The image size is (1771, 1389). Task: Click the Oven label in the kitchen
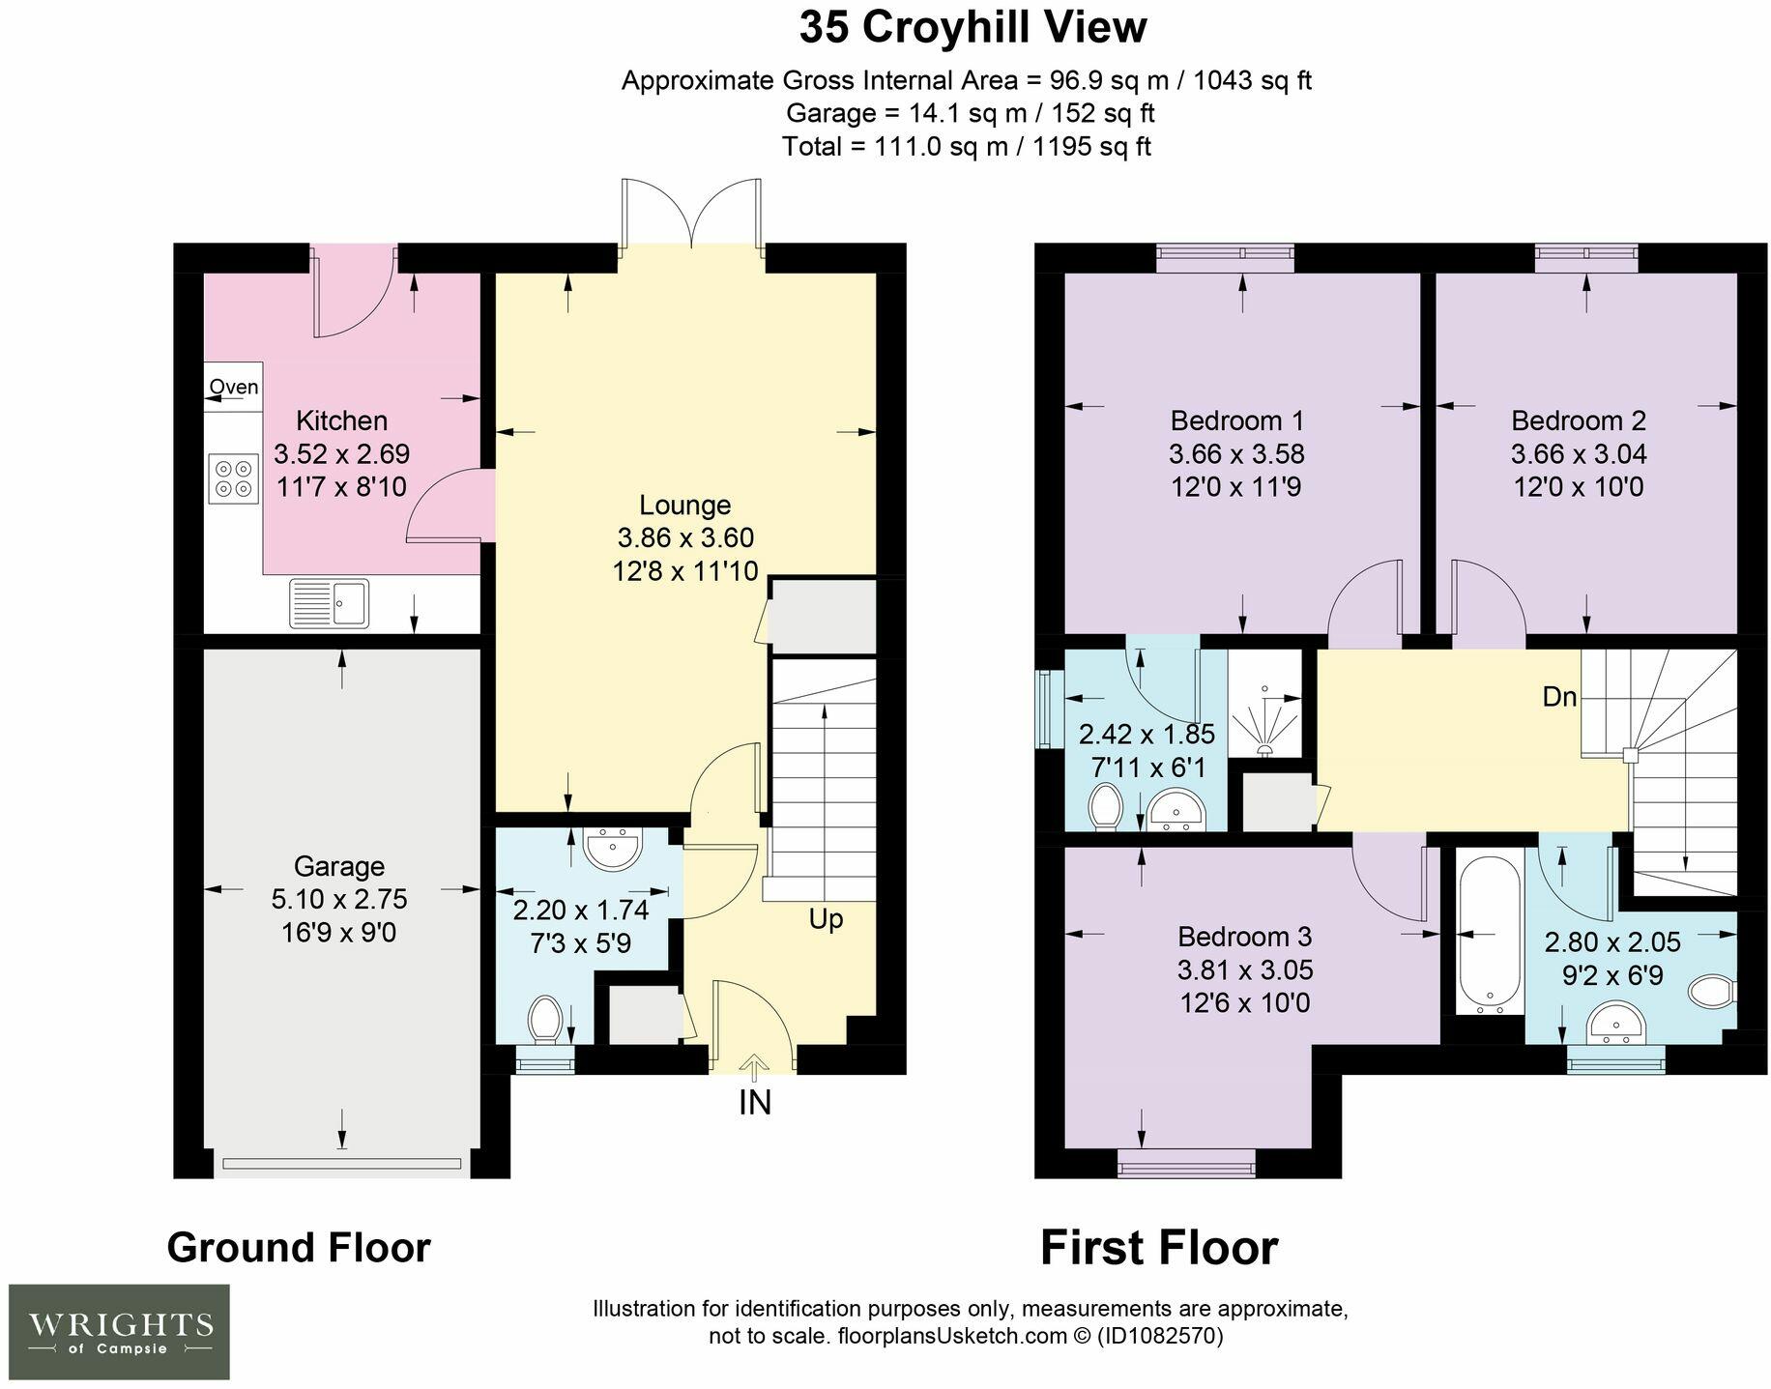pos(234,388)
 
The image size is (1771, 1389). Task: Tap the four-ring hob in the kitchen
pos(234,478)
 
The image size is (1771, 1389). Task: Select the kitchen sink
pos(329,603)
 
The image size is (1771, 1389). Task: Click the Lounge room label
pos(685,505)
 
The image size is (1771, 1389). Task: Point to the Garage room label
pos(339,866)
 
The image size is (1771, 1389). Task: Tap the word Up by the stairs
pos(826,919)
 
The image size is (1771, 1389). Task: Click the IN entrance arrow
pos(755,1065)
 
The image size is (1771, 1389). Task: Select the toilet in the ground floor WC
pos(546,1020)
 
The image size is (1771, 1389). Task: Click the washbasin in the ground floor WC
pos(613,847)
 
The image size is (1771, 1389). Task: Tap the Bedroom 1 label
pos(1237,420)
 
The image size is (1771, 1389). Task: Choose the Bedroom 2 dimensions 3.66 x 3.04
pos(1579,453)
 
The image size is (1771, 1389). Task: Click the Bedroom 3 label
pos(1245,937)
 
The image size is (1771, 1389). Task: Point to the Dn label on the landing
pos(1559,697)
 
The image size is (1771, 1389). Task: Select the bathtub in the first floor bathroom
pos(1490,932)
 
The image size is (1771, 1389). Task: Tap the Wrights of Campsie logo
pos(119,1332)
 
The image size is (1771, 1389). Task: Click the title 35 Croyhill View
pos(973,27)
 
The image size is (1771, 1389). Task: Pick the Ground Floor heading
pos(299,1247)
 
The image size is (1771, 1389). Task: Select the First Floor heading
pos(1159,1247)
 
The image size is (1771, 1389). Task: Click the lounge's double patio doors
pos(691,217)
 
